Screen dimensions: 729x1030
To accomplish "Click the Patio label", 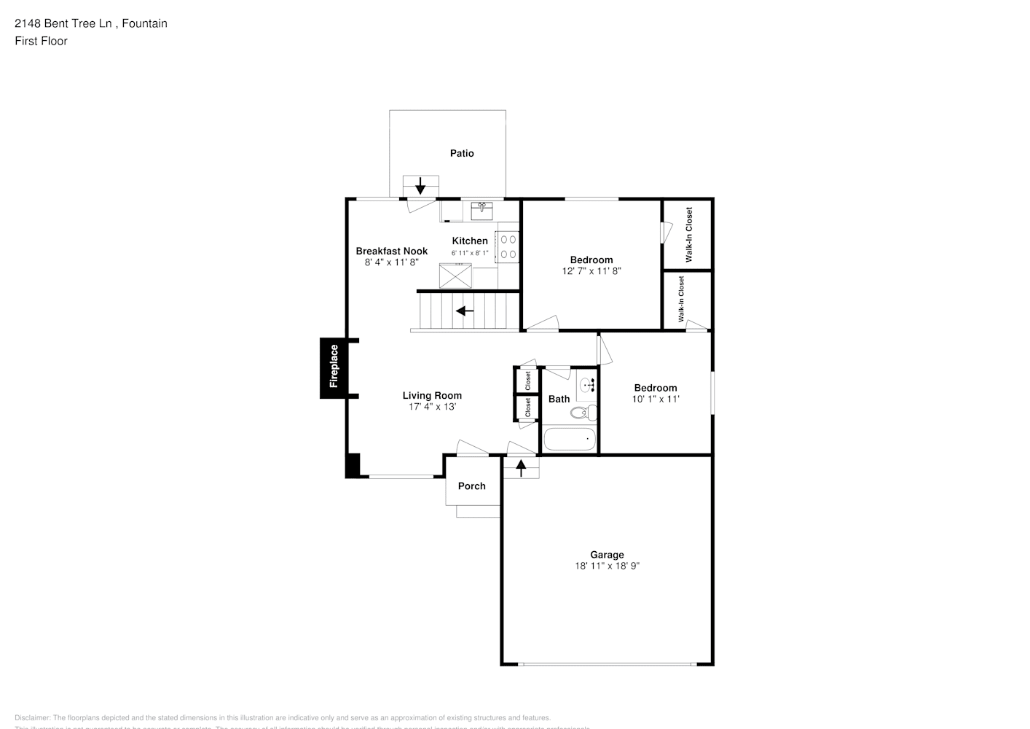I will pyautogui.click(x=462, y=153).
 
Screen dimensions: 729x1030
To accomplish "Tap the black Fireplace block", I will pyautogui.click(x=334, y=368).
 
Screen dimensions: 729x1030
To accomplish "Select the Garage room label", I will pyautogui.click(x=607, y=555).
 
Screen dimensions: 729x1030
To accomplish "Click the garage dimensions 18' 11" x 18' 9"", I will pyautogui.click(x=607, y=566).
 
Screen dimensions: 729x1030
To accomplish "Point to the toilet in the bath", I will pyautogui.click(x=582, y=413).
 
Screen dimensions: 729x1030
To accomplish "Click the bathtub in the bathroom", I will pyautogui.click(x=570, y=440).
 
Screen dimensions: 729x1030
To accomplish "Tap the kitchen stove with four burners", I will pyautogui.click(x=508, y=246).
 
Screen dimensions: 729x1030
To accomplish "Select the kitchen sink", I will pyautogui.click(x=481, y=211).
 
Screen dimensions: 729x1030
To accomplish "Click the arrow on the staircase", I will pyautogui.click(x=464, y=311).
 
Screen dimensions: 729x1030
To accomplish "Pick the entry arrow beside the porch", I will pyautogui.click(x=522, y=467).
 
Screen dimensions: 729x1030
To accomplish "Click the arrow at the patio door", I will pyautogui.click(x=420, y=185).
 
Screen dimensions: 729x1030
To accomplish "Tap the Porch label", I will pyautogui.click(x=471, y=486).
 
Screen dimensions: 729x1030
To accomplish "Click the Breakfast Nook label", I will pyautogui.click(x=392, y=251).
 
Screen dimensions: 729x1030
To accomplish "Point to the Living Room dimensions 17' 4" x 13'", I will pyautogui.click(x=432, y=407).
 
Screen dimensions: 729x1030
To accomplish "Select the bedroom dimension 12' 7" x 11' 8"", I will pyautogui.click(x=591, y=271).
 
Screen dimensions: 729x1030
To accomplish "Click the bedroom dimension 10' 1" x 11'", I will pyautogui.click(x=656, y=399).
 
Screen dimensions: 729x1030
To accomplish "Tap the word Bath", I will pyautogui.click(x=559, y=399).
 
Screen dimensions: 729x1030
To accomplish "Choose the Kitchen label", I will pyautogui.click(x=470, y=241).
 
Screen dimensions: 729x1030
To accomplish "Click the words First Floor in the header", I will pyautogui.click(x=41, y=41).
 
